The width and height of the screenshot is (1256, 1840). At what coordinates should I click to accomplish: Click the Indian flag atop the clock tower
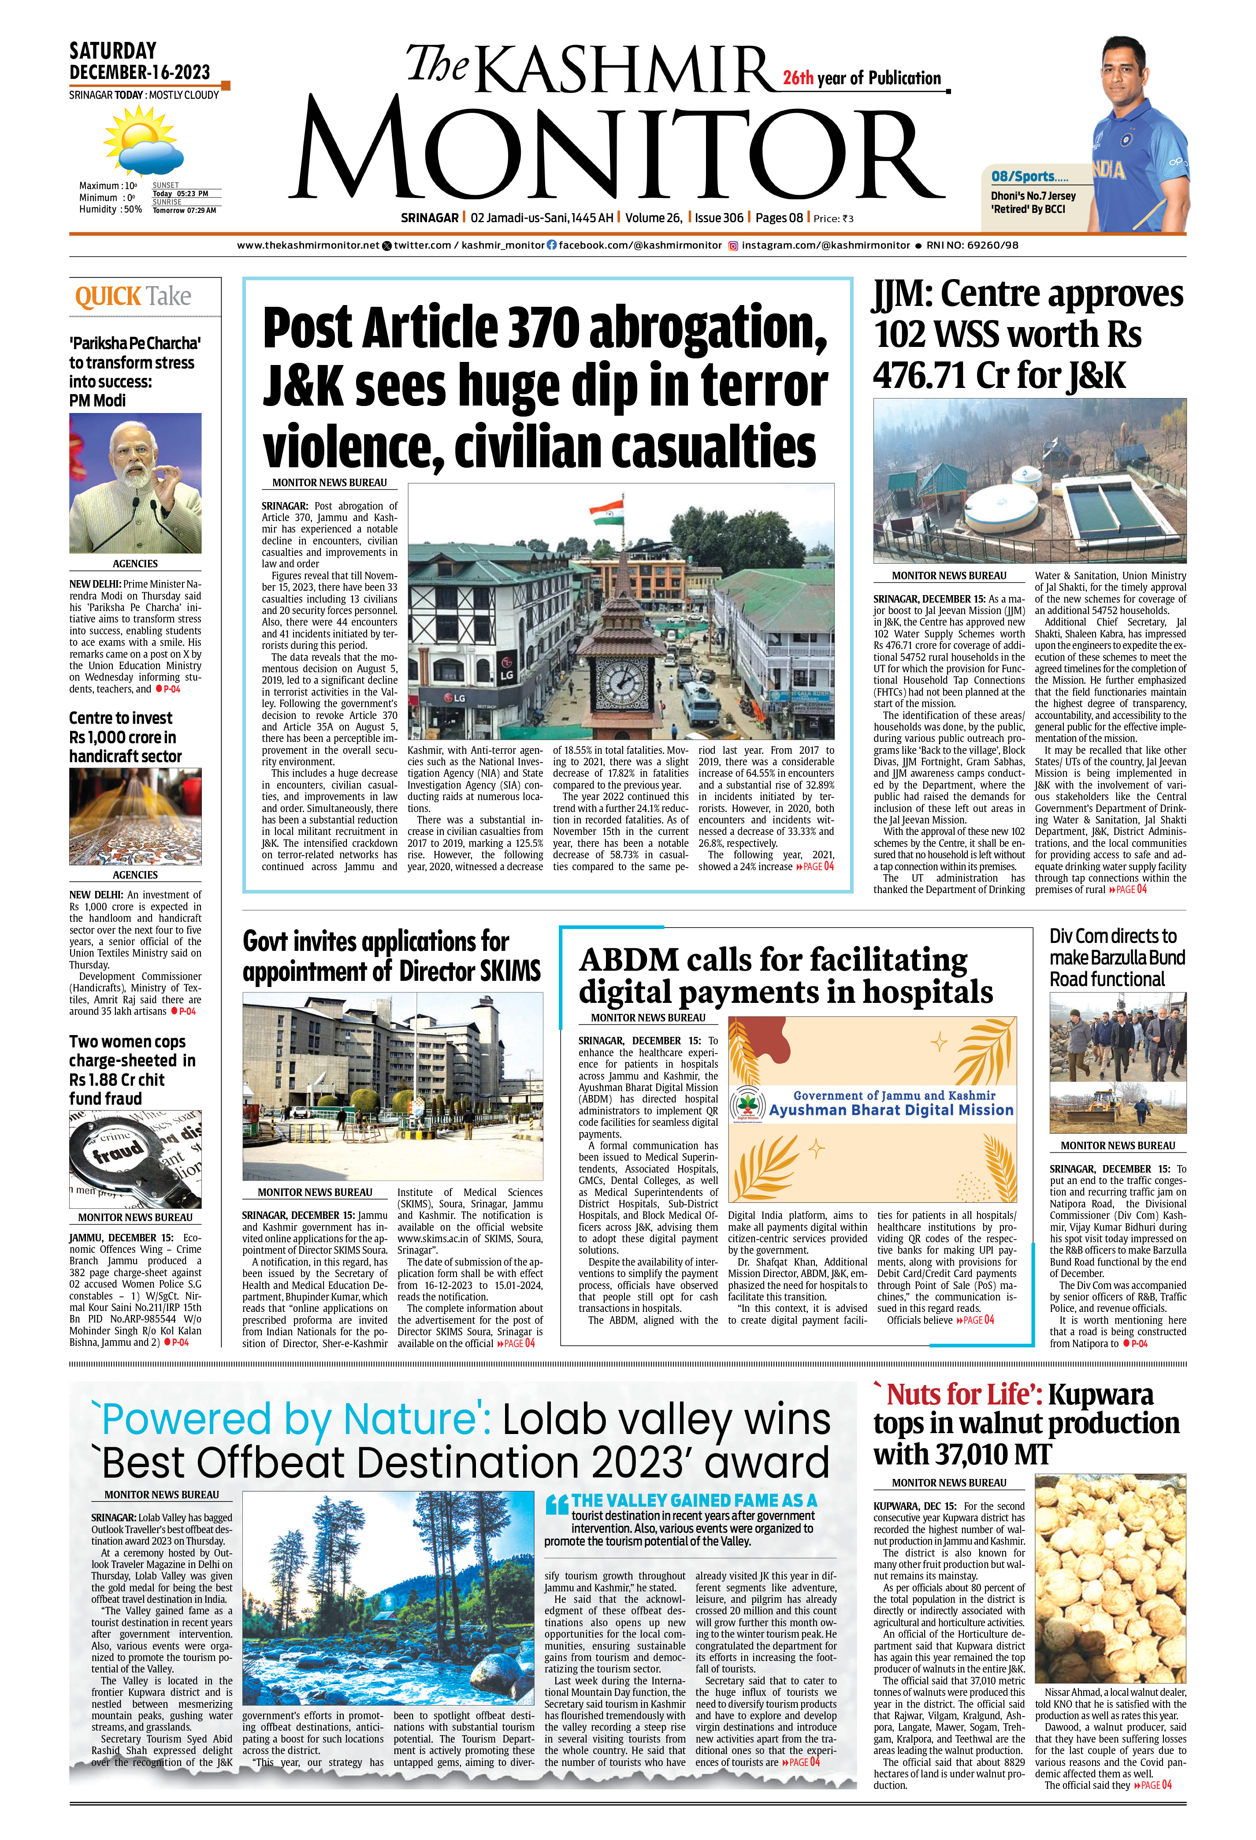point(607,510)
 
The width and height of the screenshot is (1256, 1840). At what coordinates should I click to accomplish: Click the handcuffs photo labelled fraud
point(134,1158)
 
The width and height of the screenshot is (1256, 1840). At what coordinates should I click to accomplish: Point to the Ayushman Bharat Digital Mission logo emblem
point(747,1104)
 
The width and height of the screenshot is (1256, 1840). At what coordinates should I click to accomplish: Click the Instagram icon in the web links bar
point(733,246)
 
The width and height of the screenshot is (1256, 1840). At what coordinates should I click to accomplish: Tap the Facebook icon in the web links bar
point(552,246)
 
